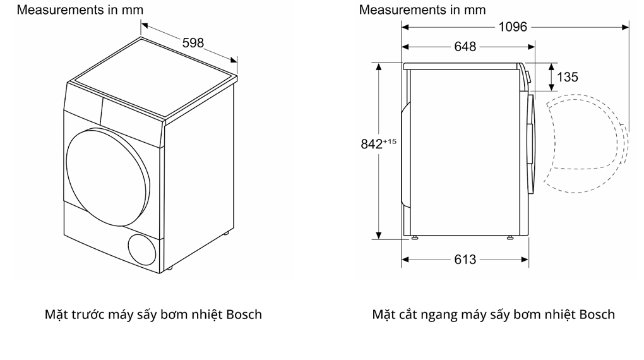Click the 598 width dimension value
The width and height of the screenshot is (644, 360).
click(x=193, y=43)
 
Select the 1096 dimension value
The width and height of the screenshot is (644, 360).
click(x=512, y=27)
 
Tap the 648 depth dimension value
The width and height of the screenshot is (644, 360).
click(x=465, y=47)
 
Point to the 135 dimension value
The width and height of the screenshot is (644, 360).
click(x=567, y=77)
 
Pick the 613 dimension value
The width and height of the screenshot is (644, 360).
click(x=465, y=260)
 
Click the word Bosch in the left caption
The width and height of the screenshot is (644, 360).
click(x=244, y=314)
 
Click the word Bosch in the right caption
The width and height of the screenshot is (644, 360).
click(x=597, y=314)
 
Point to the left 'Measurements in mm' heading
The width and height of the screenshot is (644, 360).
click(x=80, y=9)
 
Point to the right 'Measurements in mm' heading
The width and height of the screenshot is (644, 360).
click(x=422, y=9)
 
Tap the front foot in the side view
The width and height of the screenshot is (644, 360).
click(x=509, y=238)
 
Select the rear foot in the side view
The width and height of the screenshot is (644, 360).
click(x=415, y=238)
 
